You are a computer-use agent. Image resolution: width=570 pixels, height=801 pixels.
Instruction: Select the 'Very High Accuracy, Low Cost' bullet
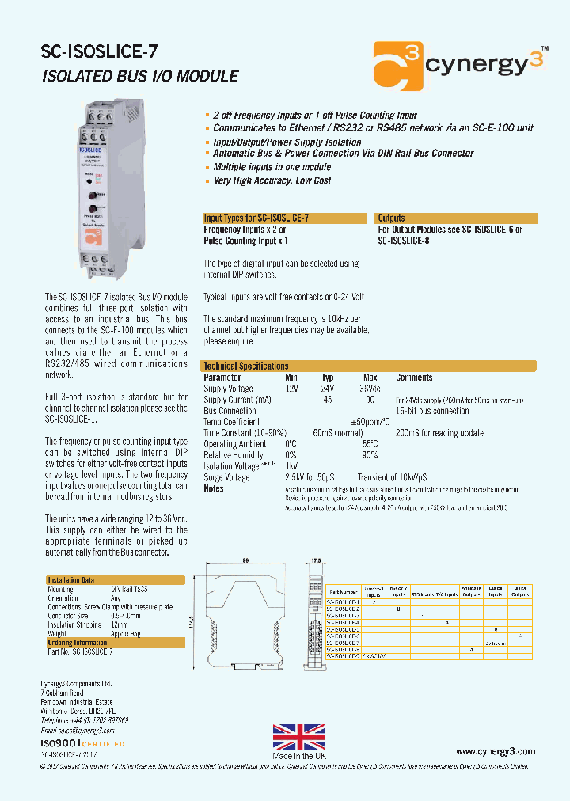click(272, 180)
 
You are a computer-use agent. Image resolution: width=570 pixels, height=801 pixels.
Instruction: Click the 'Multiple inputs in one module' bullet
click(272, 167)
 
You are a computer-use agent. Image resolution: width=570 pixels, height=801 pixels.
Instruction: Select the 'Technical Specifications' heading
click(246, 366)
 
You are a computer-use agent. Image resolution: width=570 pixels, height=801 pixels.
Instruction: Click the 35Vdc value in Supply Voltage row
click(370, 389)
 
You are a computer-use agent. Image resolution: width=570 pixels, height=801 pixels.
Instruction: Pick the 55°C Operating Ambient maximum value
click(370, 444)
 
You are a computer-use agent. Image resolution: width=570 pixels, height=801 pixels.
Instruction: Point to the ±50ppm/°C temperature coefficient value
click(370, 422)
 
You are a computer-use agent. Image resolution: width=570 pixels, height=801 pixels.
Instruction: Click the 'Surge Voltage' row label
click(226, 477)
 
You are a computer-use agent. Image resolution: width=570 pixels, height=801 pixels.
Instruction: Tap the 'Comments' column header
click(414, 378)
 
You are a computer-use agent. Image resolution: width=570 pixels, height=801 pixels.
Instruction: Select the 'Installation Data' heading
click(70, 580)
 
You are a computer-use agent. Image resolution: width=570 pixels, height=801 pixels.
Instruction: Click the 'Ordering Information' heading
click(77, 643)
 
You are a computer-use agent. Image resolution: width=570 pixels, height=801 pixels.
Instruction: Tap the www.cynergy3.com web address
click(496, 751)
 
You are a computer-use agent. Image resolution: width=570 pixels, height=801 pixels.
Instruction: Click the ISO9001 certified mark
click(82, 744)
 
